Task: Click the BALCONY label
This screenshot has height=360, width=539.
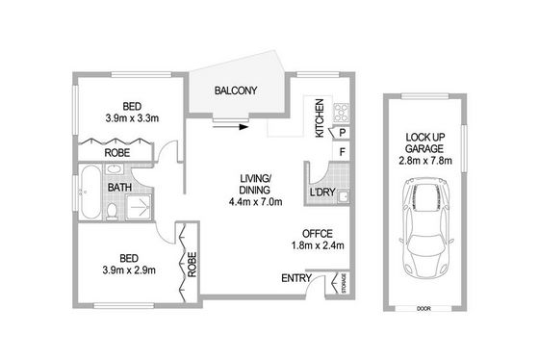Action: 236,90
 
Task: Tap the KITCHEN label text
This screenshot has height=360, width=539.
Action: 320,118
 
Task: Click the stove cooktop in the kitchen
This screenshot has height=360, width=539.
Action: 341,113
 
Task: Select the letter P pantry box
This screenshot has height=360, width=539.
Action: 343,133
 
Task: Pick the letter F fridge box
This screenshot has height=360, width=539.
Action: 342,152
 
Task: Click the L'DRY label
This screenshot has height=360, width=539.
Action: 322,193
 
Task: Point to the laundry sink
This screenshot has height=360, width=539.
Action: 343,196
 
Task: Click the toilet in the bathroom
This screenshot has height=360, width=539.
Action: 112,212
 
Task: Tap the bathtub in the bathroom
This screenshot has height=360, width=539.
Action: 90,192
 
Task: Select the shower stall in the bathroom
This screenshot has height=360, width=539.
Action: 139,207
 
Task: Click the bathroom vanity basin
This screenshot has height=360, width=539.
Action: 115,168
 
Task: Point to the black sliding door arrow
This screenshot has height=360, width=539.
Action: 230,127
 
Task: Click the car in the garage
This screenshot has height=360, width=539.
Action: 426,228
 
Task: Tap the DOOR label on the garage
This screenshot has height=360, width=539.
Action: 423,309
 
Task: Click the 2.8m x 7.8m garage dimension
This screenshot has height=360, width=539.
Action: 425,161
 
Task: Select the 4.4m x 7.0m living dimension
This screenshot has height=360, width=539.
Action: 255,202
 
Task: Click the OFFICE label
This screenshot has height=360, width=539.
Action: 318,234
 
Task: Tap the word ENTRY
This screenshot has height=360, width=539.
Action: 296,278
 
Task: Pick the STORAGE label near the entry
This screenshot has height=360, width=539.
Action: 345,283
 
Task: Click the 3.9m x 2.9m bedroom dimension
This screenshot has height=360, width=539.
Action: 129,270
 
